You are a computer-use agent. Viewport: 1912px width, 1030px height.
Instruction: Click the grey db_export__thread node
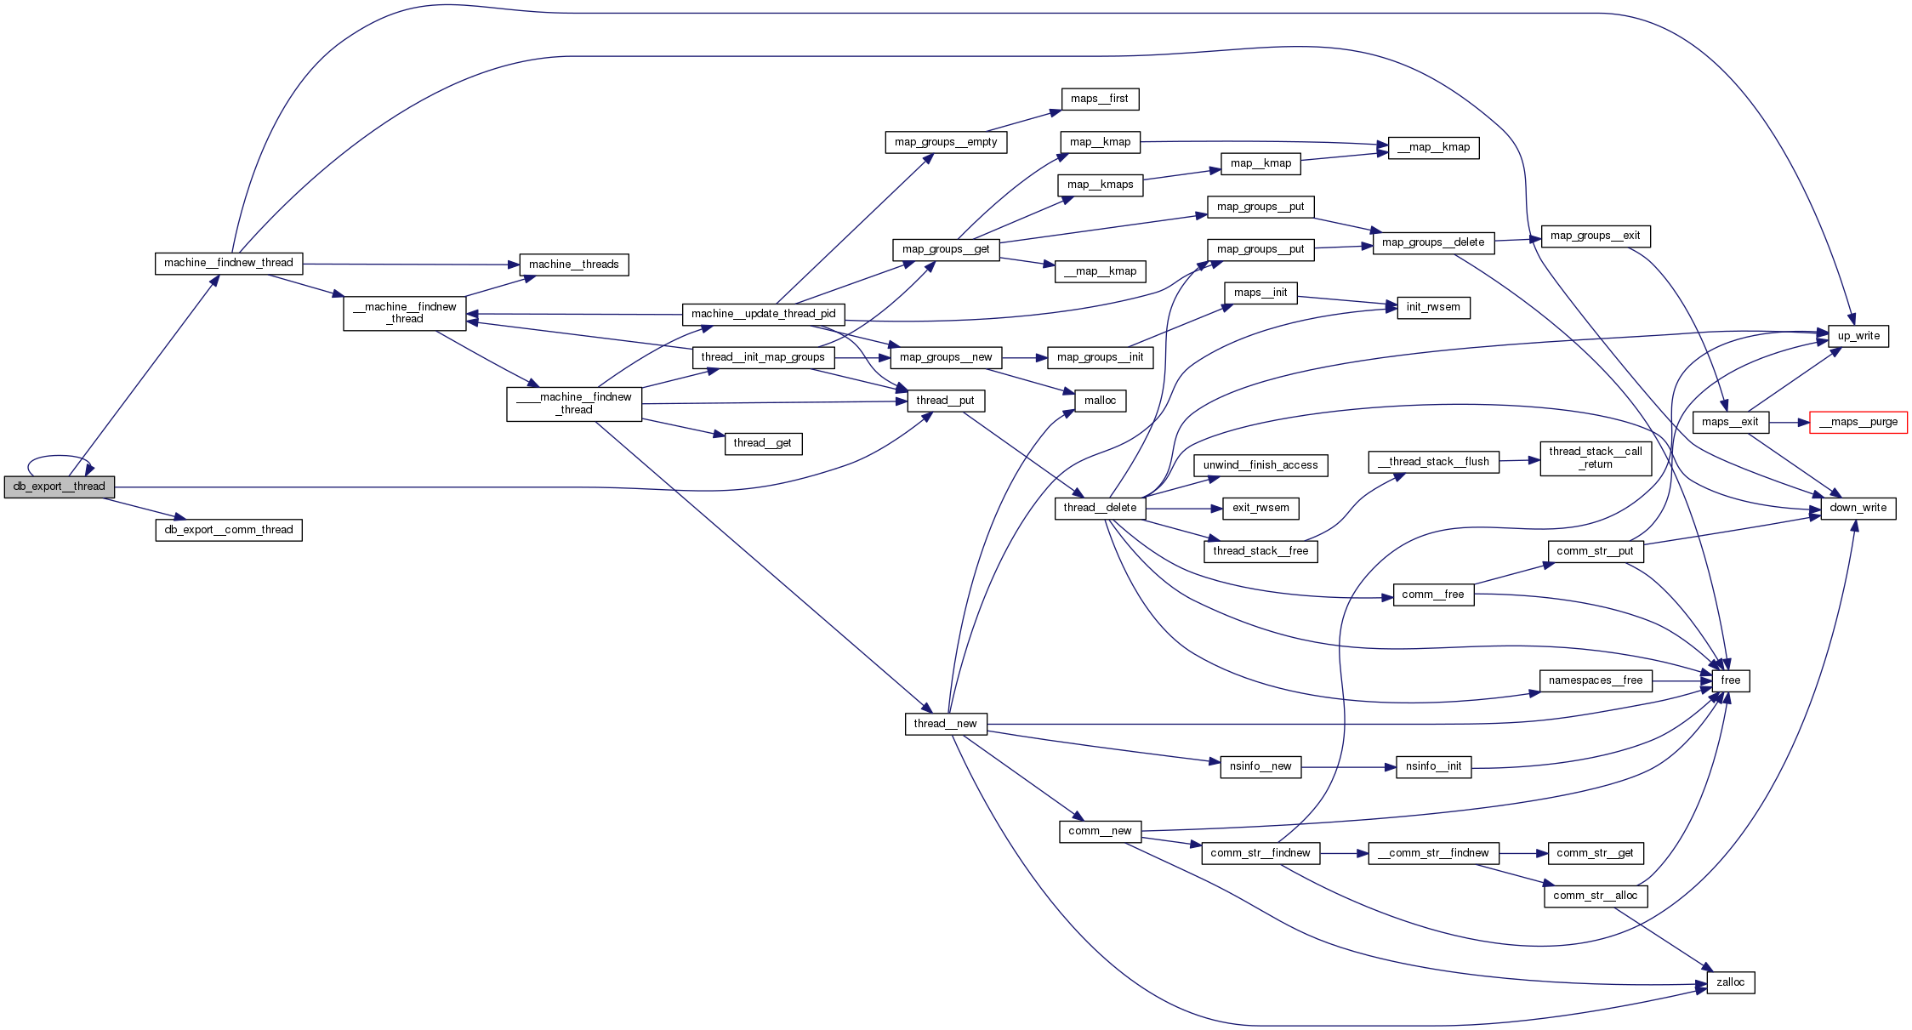point(59,487)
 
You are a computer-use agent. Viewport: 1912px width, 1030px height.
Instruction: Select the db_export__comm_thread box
point(228,530)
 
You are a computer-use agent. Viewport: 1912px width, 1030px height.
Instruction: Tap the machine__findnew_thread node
point(228,263)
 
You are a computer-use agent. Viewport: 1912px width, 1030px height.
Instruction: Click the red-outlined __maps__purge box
point(1858,422)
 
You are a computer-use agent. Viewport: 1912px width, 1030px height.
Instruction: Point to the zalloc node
point(1730,982)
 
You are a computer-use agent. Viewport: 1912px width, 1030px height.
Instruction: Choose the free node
point(1730,680)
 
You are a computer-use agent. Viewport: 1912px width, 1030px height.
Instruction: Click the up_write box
point(1858,336)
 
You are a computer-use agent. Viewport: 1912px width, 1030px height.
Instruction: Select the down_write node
point(1858,508)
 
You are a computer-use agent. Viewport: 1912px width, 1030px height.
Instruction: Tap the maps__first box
point(1099,99)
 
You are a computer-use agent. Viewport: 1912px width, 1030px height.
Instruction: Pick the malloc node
point(1100,401)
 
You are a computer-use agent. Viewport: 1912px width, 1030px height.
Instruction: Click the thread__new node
point(945,724)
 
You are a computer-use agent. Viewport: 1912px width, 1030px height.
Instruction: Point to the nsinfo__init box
point(1433,766)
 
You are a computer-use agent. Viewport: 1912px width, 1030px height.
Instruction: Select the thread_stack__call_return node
point(1595,458)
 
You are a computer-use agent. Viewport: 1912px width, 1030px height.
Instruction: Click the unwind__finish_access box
point(1260,465)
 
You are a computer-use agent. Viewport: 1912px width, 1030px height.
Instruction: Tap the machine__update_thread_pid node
point(763,314)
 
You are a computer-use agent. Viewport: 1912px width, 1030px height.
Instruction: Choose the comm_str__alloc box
point(1595,896)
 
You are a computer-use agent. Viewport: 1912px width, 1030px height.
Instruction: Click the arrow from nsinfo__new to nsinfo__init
point(1348,767)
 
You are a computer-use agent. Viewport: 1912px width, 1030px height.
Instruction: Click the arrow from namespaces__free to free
point(1680,681)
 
